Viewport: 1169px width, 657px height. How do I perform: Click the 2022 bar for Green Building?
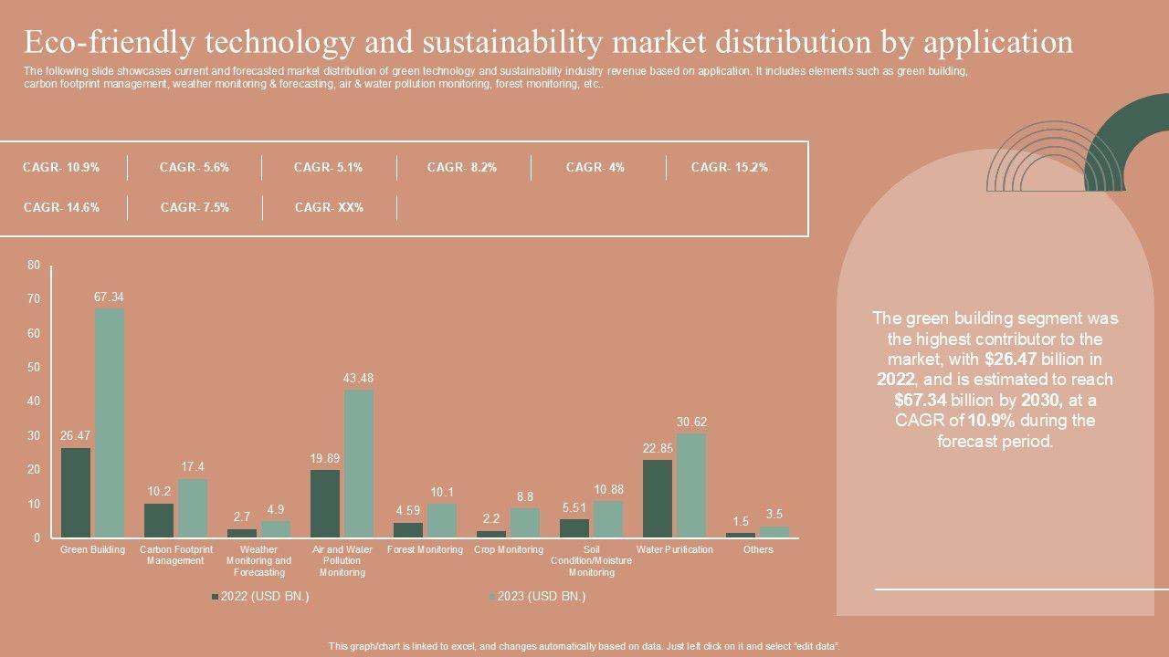(76, 492)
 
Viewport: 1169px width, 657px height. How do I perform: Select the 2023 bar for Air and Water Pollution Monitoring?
(359, 463)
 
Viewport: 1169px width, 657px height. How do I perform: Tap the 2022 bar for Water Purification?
(657, 497)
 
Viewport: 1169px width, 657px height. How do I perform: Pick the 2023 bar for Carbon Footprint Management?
(193, 507)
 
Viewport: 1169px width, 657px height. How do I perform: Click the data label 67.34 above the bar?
(109, 297)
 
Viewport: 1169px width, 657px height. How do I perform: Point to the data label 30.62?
(691, 422)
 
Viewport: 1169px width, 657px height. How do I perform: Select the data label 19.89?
(325, 458)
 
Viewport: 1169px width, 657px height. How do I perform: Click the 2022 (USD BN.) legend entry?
(260, 597)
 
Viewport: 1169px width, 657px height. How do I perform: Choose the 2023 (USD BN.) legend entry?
(538, 597)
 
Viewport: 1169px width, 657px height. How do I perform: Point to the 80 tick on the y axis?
(34, 266)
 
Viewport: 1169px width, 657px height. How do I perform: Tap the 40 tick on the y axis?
(34, 401)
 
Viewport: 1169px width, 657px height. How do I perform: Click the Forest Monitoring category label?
(425, 550)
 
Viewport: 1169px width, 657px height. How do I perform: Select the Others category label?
(758, 550)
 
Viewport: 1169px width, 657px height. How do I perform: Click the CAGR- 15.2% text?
(729, 168)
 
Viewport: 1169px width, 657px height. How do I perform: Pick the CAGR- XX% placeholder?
(329, 208)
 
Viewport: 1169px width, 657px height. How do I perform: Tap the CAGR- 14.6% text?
(61, 208)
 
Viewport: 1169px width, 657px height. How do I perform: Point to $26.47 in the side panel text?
(1012, 359)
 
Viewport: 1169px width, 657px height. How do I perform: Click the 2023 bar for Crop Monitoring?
(525, 523)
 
